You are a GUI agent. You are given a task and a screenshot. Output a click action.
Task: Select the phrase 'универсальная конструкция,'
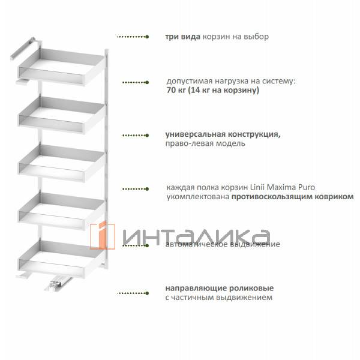coord(223,134)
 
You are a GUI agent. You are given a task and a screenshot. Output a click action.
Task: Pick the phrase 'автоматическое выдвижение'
coord(222,245)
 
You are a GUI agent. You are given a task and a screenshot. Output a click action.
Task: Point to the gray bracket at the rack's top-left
coord(22,49)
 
